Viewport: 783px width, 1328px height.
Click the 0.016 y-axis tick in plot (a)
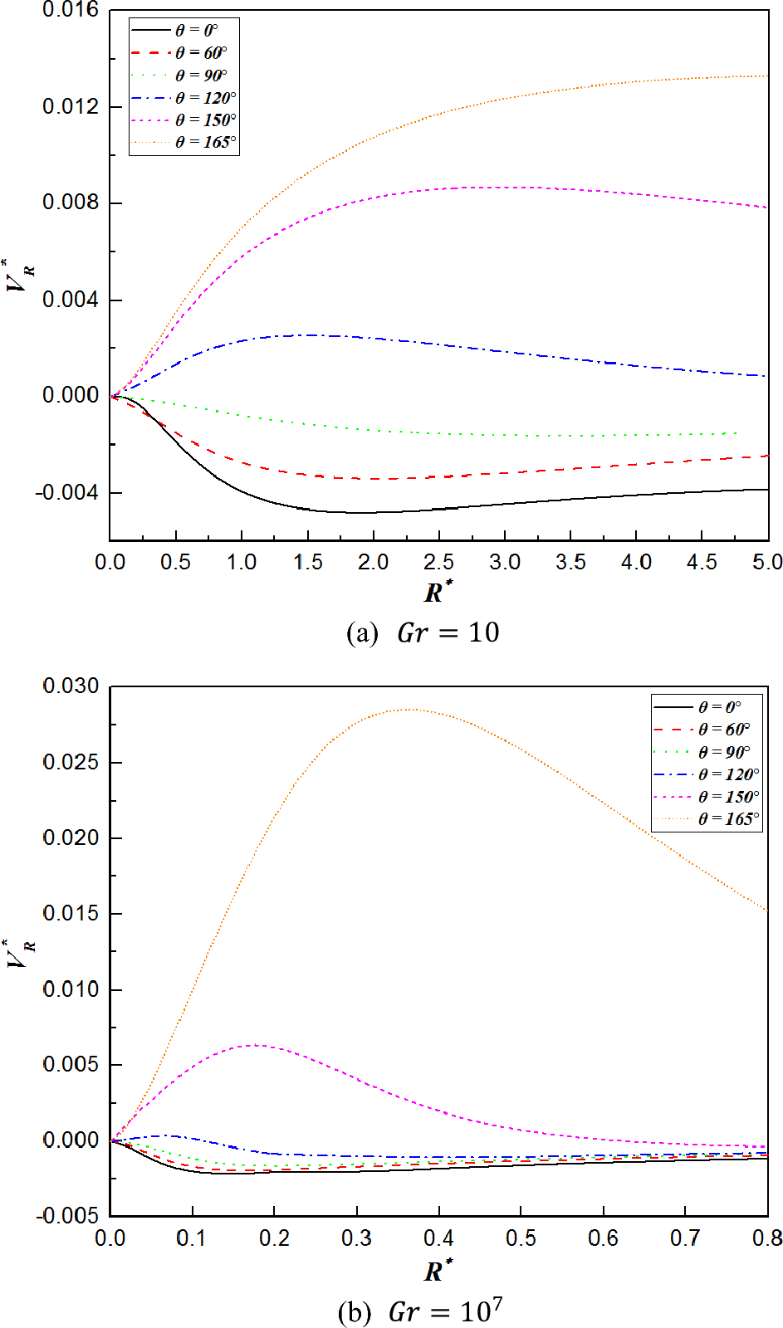point(71,10)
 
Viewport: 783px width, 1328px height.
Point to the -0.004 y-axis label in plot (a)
point(66,493)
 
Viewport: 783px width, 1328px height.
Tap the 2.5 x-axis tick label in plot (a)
point(438,563)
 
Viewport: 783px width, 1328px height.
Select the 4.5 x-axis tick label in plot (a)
point(702,563)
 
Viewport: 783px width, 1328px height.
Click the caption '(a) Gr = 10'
point(423,632)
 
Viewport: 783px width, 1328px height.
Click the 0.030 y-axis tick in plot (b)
point(71,686)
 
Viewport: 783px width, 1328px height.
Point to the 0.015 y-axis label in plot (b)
point(71,914)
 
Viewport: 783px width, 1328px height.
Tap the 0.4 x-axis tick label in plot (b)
point(438,1238)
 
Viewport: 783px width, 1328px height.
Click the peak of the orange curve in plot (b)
point(409,710)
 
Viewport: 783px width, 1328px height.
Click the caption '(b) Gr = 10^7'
point(421,1311)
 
